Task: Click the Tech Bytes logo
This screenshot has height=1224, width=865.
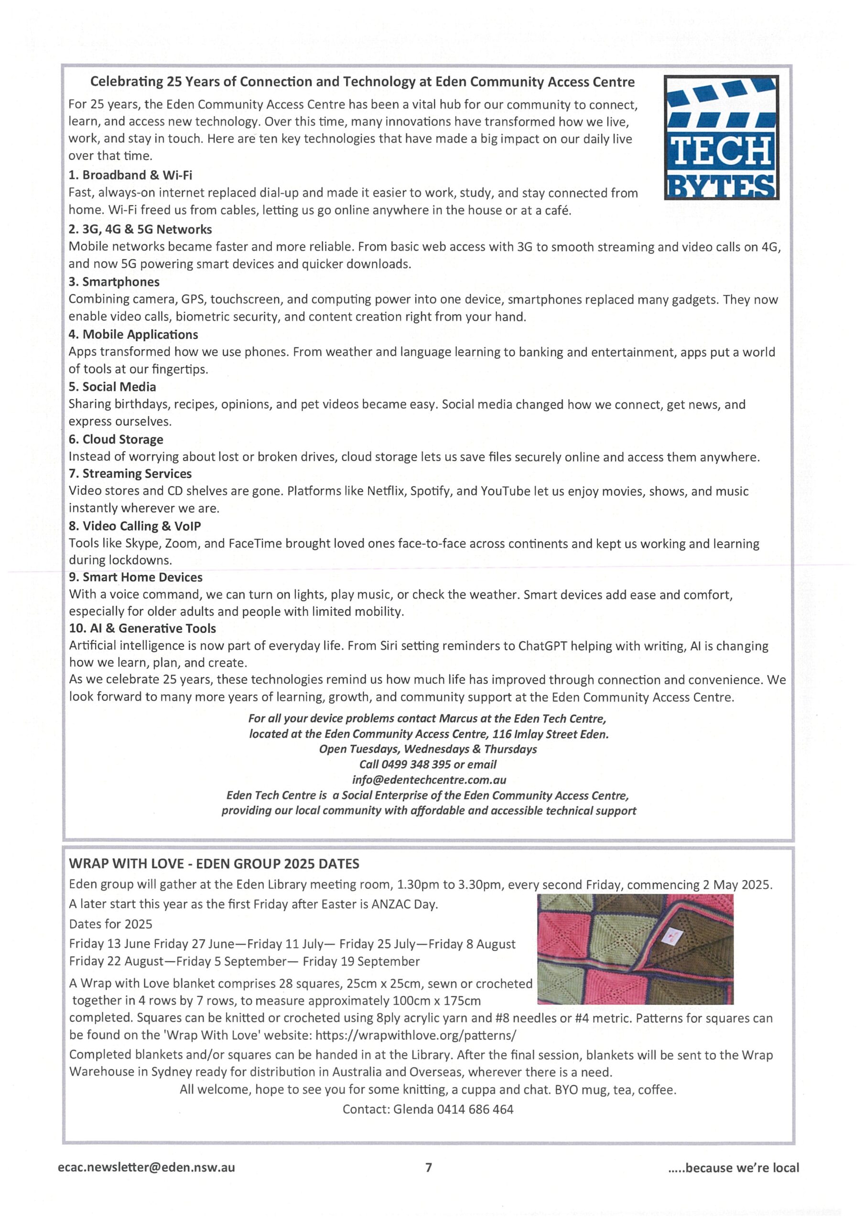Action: pos(721,137)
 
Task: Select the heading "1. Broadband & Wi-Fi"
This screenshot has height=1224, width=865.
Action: pos(130,175)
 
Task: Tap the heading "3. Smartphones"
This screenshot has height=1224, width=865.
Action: pos(114,282)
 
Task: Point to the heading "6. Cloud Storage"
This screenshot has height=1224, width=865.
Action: pos(116,439)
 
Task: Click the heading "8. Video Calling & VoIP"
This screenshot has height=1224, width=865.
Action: pos(134,526)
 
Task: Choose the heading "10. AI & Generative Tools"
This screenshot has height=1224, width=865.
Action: pos(142,629)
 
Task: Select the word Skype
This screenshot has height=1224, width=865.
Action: pos(142,544)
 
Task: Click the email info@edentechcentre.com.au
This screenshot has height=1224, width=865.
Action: pos(429,780)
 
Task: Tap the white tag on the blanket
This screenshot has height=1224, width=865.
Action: pos(670,935)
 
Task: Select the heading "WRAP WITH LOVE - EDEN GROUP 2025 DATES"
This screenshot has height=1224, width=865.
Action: pos(214,864)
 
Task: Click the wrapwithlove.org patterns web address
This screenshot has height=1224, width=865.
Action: pos(416,1035)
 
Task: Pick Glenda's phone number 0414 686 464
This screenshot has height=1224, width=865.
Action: pos(475,1109)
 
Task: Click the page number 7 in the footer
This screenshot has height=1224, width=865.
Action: pos(429,1168)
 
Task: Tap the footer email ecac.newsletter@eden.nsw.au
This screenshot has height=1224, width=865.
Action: pos(146,1168)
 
